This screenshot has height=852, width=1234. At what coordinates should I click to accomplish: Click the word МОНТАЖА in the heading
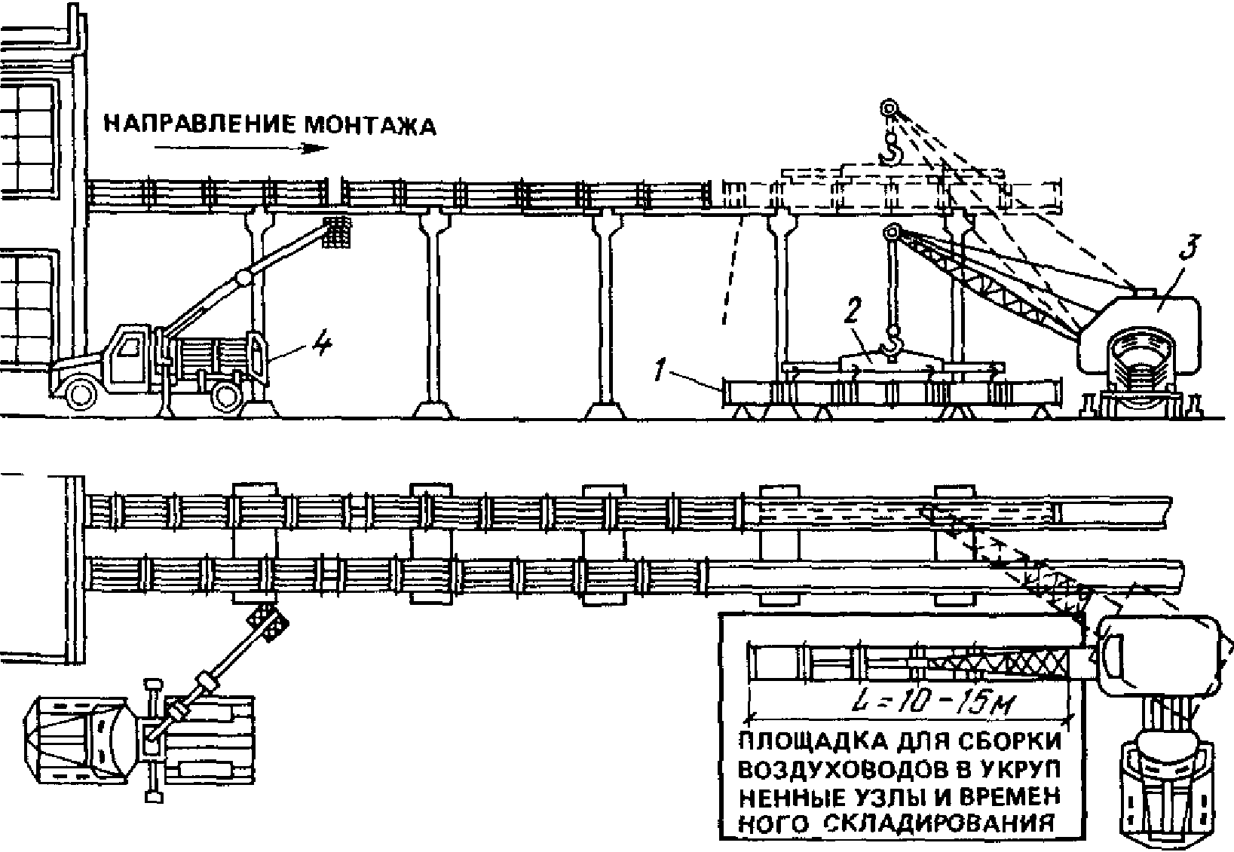pos(369,125)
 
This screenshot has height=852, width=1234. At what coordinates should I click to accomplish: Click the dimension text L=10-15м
pos(932,704)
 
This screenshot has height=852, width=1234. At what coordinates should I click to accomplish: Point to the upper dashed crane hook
pos(892,151)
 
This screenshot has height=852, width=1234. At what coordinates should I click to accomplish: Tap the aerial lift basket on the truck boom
pos(339,232)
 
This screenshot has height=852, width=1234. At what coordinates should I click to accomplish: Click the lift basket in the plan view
pos(269,623)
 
